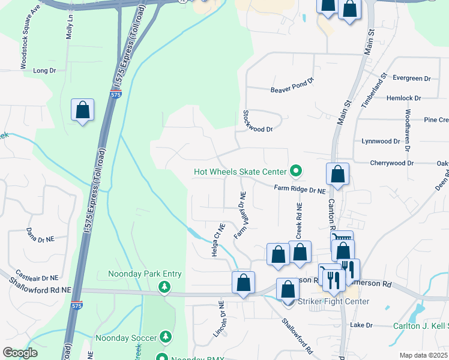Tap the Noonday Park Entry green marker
pos(164,288)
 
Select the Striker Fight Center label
pos(334,301)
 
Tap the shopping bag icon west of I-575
pos(83,110)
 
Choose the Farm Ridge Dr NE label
pos(300,189)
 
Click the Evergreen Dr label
pos(411,78)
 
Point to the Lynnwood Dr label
pos(381,142)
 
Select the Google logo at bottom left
pos(20,353)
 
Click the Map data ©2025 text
pos(423,355)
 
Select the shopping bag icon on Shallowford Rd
pos(244,283)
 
